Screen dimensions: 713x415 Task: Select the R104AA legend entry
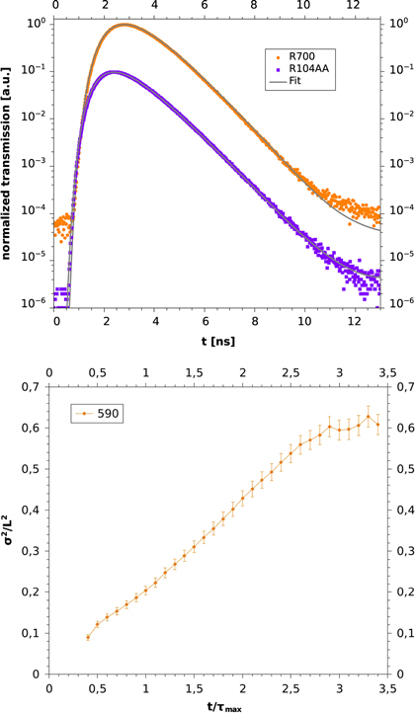[306, 70]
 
